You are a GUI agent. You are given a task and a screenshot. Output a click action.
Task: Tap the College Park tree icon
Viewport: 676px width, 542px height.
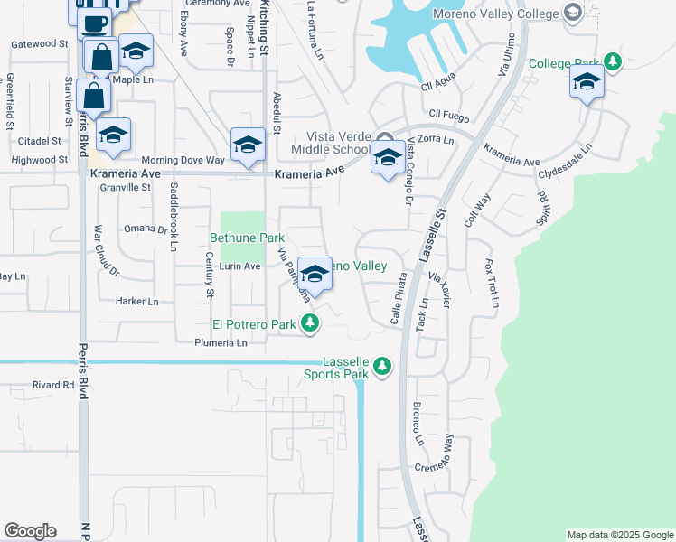(x=614, y=61)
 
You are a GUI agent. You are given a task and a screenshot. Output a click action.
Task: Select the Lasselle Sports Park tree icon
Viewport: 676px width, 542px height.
(x=382, y=366)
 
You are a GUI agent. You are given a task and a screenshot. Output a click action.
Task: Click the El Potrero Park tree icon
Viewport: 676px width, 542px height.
(x=310, y=322)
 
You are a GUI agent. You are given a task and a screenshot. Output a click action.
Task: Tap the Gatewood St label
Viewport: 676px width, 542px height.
(x=39, y=43)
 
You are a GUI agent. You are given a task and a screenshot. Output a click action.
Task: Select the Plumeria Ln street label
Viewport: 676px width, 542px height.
(x=221, y=343)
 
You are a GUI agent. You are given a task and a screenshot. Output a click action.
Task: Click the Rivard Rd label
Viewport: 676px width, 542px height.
(x=52, y=385)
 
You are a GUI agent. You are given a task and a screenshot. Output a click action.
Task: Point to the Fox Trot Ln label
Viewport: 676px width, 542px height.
(x=491, y=283)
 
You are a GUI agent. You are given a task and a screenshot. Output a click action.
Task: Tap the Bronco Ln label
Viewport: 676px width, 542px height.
(x=418, y=424)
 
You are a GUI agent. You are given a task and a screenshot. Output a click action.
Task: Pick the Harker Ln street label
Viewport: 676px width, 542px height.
(x=136, y=302)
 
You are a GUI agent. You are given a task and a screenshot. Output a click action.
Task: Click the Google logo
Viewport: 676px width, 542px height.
(x=30, y=530)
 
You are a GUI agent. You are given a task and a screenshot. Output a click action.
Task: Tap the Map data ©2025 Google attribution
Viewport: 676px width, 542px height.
(x=620, y=535)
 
